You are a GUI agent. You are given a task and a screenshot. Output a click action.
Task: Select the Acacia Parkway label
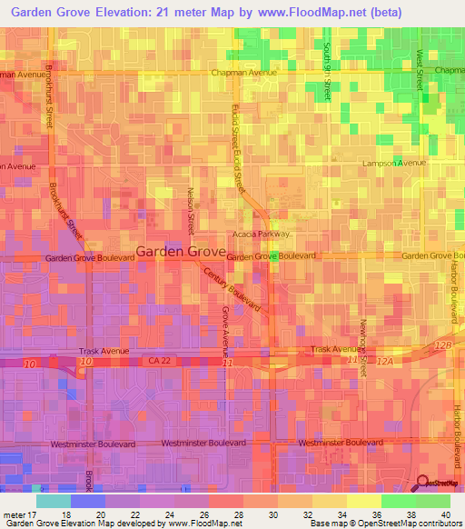click(261, 234)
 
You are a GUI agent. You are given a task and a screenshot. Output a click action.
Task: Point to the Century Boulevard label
click(232, 290)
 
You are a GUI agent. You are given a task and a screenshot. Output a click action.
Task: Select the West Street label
click(420, 69)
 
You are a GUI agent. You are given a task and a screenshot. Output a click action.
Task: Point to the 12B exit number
click(442, 345)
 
